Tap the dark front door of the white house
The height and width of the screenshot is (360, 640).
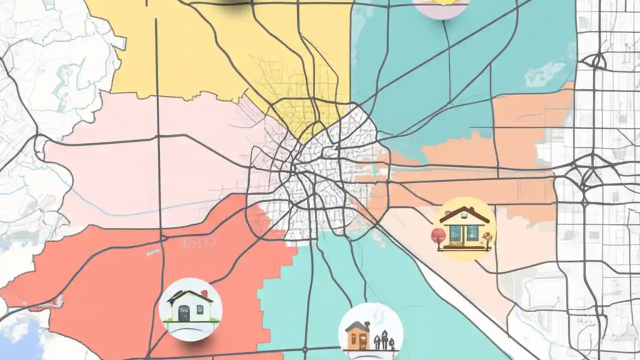pyautogui.click(x=183, y=313)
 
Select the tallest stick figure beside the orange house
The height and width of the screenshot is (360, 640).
pyautogui.click(x=384, y=338)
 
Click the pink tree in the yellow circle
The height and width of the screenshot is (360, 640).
pyautogui.click(x=438, y=234)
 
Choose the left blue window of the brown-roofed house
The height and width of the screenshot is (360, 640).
pyautogui.click(x=456, y=232)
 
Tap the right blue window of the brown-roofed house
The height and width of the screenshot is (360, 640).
pyautogui.click(x=472, y=232)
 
